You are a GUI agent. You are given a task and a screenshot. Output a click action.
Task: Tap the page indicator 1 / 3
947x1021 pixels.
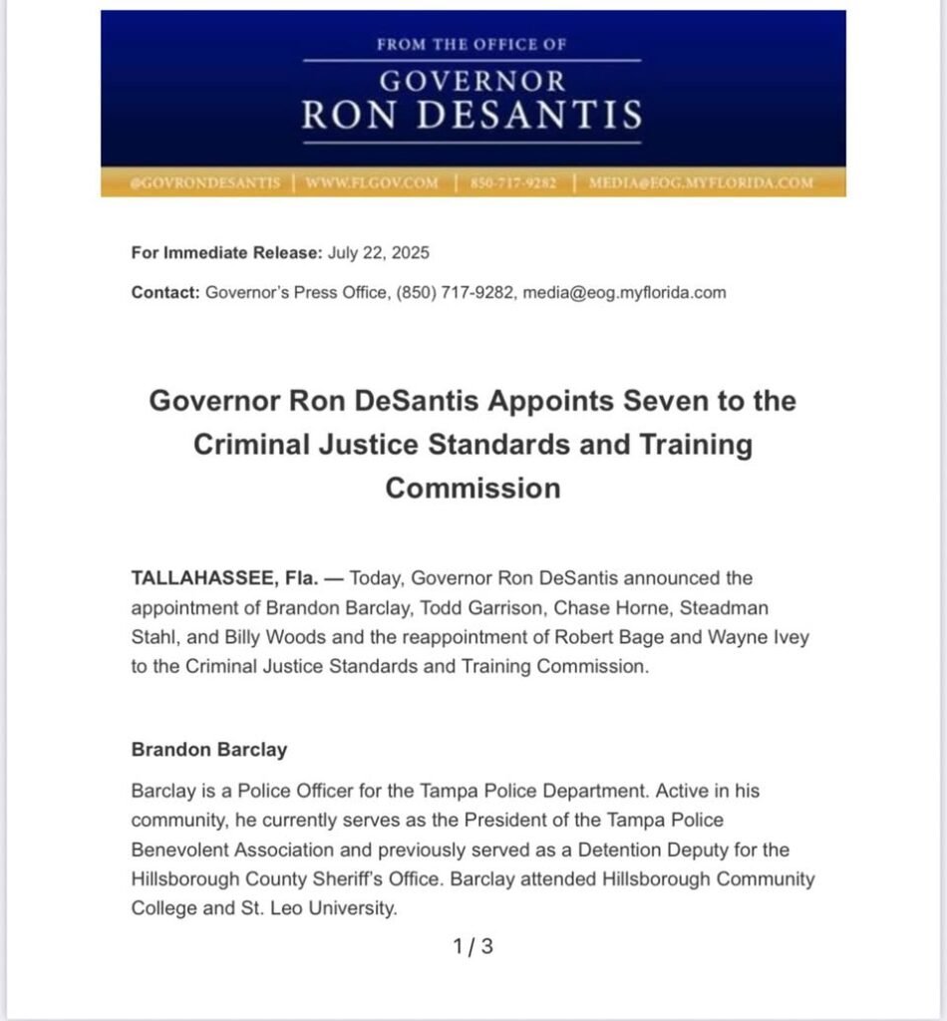[x=473, y=947]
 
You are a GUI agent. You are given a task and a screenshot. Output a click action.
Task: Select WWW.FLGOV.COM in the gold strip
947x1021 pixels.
[x=371, y=183]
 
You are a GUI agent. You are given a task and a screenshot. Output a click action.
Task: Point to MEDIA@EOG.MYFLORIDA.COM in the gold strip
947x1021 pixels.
[x=701, y=183]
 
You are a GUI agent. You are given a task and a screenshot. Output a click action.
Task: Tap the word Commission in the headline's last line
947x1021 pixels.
[x=473, y=488]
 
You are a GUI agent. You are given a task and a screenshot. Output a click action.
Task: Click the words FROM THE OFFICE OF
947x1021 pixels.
[x=473, y=45]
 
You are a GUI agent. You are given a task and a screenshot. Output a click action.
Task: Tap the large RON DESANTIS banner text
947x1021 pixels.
[x=473, y=116]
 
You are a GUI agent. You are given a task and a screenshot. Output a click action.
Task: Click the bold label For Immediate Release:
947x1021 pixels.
[x=226, y=252]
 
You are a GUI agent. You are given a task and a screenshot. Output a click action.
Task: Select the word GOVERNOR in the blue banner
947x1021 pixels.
[x=473, y=80]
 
